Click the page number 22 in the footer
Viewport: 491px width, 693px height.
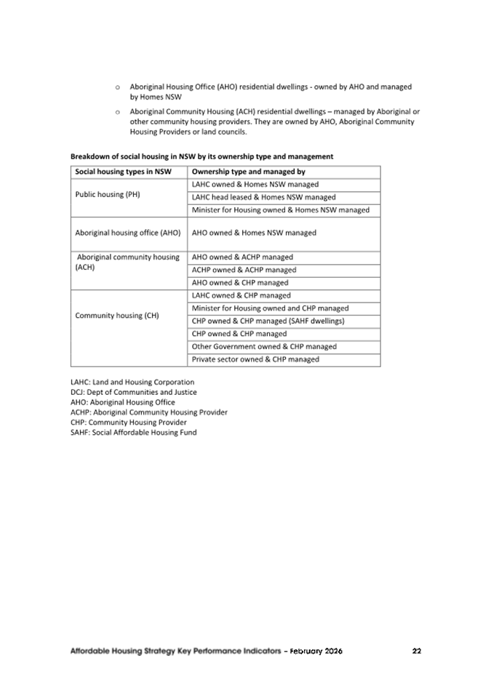point(416,651)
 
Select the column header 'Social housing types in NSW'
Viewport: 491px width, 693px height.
point(123,172)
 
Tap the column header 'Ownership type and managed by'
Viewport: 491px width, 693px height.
point(248,172)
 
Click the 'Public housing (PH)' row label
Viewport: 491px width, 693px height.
point(108,195)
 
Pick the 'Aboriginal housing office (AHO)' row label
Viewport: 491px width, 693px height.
point(128,233)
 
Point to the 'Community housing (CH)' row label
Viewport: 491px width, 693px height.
point(117,316)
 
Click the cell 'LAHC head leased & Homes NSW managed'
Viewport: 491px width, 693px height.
point(263,197)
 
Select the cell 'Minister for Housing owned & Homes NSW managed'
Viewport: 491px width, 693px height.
point(281,210)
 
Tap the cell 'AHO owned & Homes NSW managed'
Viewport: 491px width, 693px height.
point(254,233)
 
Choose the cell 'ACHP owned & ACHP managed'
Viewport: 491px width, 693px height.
point(244,270)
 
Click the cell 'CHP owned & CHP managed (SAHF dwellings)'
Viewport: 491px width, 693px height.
point(268,321)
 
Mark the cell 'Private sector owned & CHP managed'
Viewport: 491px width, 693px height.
point(255,359)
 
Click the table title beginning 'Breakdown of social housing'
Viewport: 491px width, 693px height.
point(201,156)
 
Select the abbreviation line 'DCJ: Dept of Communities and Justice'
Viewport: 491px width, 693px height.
point(133,392)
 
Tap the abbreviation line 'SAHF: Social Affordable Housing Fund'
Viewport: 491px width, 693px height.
point(133,433)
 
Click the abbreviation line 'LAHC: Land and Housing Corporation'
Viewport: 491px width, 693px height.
point(132,382)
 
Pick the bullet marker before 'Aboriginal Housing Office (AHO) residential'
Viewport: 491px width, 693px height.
point(118,87)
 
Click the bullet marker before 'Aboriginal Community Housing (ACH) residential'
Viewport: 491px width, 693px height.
point(118,113)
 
